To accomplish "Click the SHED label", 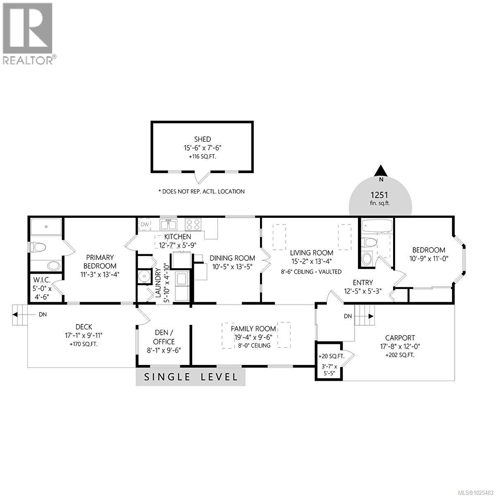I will coord(203,139).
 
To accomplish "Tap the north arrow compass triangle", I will coord(381,170).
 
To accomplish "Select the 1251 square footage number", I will coord(381,195).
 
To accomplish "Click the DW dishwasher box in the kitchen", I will coord(145,224).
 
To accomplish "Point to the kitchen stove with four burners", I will coord(193,224).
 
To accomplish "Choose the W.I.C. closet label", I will coord(42,280).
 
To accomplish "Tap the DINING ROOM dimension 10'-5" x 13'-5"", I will coord(233,266).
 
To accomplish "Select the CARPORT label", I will coord(400,338).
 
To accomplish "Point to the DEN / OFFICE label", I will coord(164,337).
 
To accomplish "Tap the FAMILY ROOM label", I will coord(253,329).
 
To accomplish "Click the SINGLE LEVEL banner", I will coord(191,377).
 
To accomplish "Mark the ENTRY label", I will coord(362,283).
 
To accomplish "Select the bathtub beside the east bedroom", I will coord(377,226).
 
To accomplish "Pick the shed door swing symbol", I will coord(202,178).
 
